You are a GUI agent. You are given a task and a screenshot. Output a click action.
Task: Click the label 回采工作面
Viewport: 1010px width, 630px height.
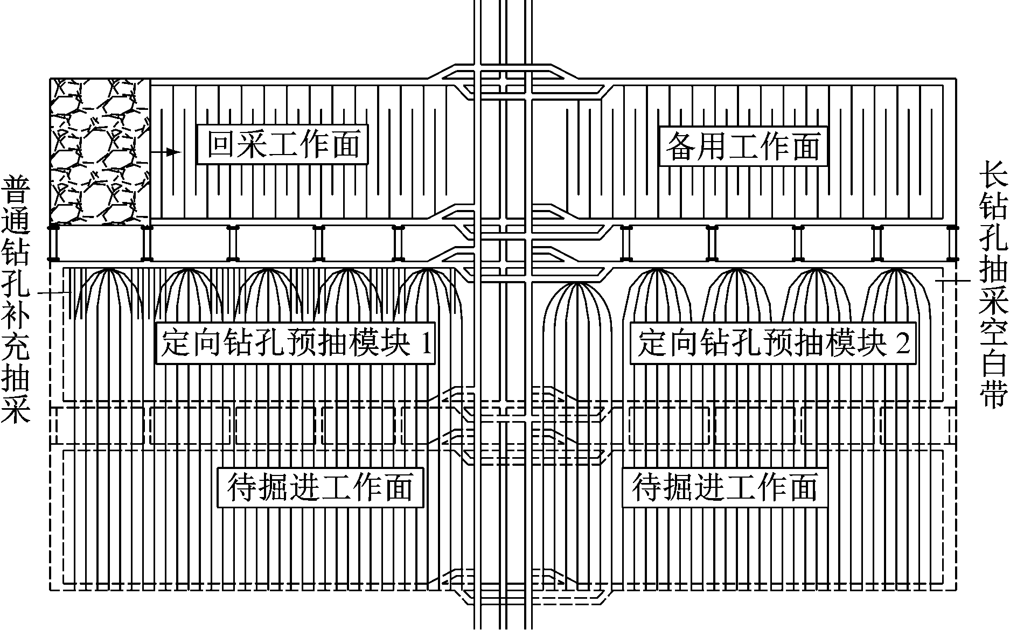pyautogui.click(x=282, y=145)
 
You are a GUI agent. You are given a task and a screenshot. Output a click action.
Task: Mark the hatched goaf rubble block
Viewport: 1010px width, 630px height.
pyautogui.click(x=100, y=151)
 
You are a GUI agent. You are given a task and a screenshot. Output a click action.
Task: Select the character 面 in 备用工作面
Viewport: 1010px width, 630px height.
pyautogui.click(x=806, y=146)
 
